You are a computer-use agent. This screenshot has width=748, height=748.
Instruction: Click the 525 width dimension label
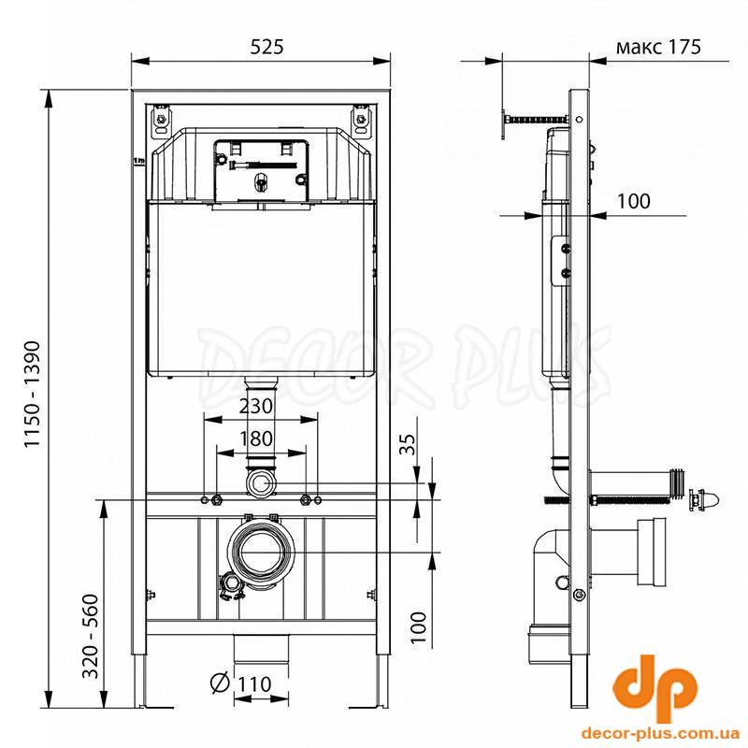(266, 47)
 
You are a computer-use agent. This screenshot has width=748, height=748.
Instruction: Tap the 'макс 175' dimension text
(659, 47)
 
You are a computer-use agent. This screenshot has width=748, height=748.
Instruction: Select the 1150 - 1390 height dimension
(34, 394)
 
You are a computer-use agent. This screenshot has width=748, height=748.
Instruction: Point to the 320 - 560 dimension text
(91, 636)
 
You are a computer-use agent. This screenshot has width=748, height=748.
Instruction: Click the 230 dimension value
(255, 407)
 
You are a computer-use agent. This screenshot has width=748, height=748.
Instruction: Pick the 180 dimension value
(256, 439)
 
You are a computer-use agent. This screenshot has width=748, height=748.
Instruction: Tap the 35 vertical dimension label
(407, 444)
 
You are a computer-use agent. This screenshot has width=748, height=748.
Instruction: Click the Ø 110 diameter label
(241, 683)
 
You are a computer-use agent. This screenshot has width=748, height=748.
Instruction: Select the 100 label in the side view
(634, 201)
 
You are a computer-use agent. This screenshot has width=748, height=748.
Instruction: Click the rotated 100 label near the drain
(418, 627)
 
